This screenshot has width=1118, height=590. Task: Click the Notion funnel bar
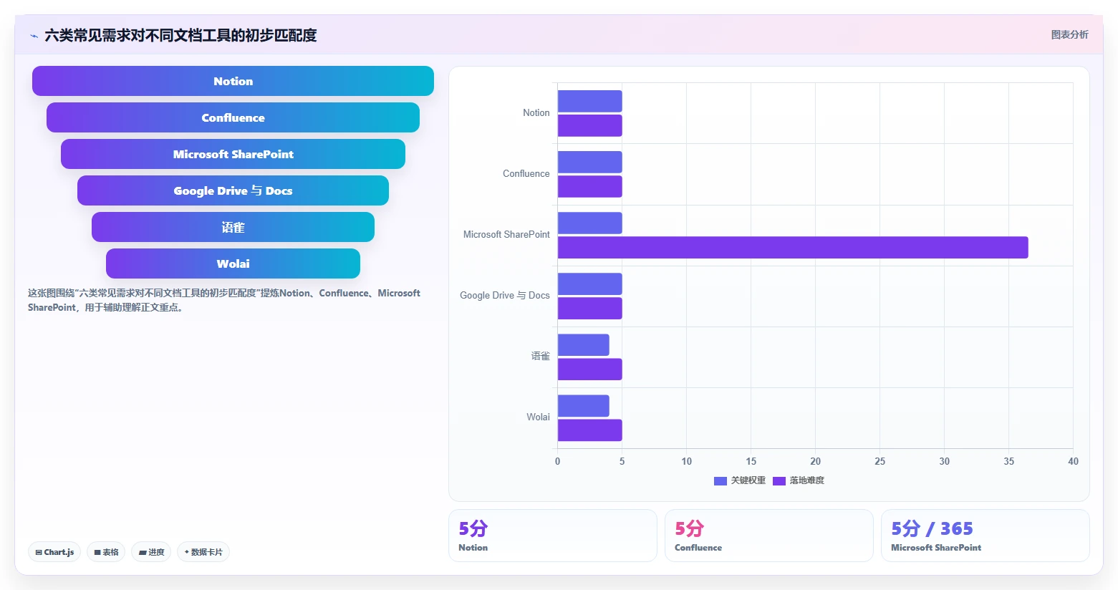233,81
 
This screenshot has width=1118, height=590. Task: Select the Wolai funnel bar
233,263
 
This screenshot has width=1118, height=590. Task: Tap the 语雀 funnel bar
233,227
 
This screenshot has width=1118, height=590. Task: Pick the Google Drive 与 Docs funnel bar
233,190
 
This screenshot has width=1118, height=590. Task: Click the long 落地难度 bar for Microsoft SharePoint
793,248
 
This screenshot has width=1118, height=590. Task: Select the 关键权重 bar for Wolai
583,406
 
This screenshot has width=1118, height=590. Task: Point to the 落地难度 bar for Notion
589,126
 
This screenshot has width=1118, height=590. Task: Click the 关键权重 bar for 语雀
583,345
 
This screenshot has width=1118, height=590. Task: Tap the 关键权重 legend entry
740,480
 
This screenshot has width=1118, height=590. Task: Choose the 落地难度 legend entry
799,480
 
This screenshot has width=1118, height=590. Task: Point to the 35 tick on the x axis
1008,461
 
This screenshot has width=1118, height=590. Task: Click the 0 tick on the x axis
557,461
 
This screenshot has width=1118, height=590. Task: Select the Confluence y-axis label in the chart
526,174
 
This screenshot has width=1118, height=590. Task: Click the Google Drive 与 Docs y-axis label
505,296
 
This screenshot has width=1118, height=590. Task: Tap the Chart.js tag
54,552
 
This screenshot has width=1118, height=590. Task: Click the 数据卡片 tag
203,552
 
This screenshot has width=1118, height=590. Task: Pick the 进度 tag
151,552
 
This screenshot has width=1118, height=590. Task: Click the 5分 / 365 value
932,528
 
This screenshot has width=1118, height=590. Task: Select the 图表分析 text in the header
1069,35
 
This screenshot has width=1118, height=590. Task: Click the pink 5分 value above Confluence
689,528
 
